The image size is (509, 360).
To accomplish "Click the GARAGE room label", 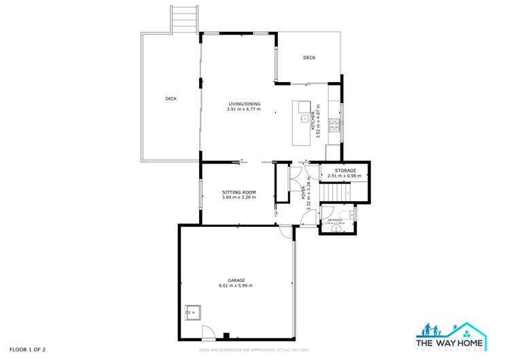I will tap(236, 280).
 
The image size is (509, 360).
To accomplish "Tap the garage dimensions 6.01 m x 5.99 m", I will tap(236, 286).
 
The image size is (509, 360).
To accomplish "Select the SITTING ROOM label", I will tap(239, 192).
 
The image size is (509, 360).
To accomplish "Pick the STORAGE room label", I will tap(345, 170).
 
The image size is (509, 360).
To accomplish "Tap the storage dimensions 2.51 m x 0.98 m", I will tap(345, 176).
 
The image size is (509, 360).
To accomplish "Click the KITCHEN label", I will tap(313, 121).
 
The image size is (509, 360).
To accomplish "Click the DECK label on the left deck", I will tap(171, 98).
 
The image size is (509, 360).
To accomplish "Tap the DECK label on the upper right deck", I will tap(309, 58).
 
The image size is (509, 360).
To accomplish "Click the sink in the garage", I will tap(194, 313).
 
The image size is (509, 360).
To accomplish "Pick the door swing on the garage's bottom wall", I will tap(209, 333).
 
